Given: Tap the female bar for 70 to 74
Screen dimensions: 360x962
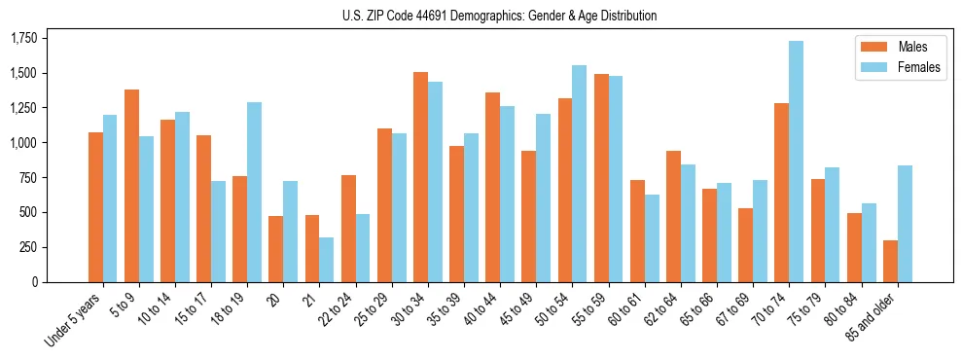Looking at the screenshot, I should pos(796,162).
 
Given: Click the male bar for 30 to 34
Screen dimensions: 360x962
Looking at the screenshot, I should pos(420,177).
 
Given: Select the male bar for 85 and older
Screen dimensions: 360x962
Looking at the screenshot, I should pos(890,261).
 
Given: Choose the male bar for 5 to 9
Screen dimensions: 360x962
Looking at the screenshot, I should pos(131,186).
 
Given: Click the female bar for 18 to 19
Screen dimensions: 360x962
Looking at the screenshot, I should pos(254,192).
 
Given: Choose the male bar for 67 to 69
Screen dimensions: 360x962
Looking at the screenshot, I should pos(745,245).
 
